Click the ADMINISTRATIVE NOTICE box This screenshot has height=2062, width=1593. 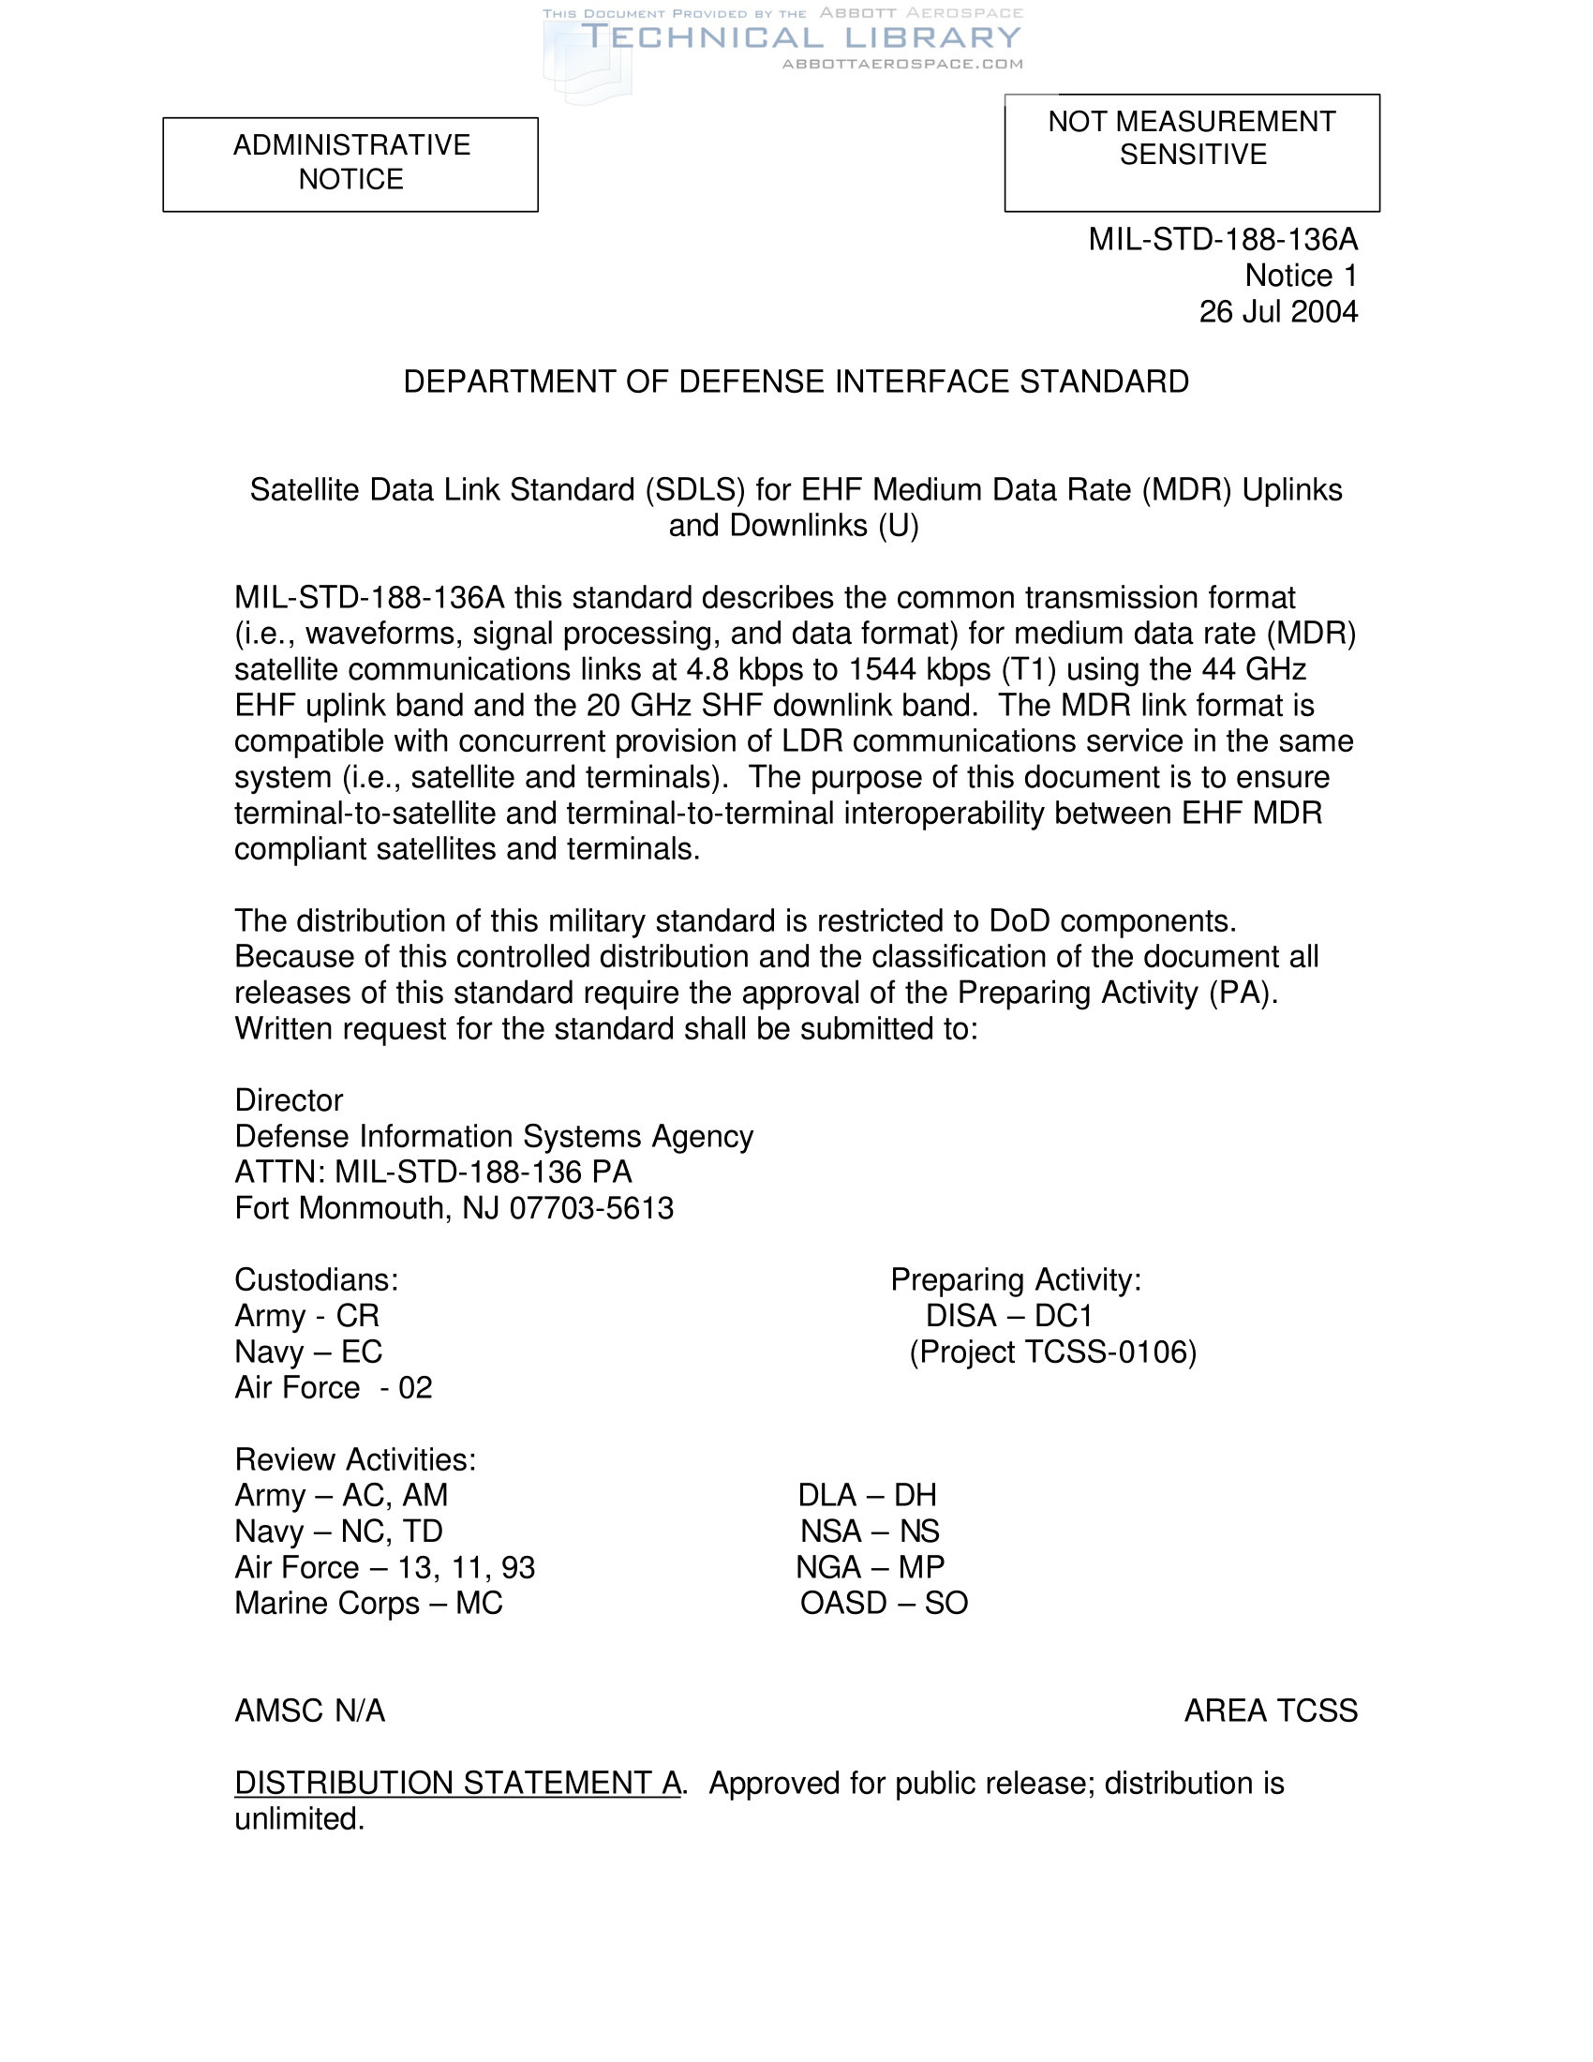point(350,163)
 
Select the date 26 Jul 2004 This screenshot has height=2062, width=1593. point(1278,312)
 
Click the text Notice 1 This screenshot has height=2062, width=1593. point(1301,276)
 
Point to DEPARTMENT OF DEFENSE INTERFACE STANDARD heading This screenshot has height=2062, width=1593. point(796,381)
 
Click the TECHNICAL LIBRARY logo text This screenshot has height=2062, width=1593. point(800,37)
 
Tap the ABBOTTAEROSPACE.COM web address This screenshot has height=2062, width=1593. point(902,64)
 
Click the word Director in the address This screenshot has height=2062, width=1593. point(289,1101)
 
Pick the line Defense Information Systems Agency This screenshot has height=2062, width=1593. point(494,1137)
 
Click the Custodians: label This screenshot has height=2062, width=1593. point(316,1280)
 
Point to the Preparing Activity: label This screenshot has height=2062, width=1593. point(1016,1280)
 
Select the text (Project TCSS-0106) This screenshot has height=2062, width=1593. point(1052,1352)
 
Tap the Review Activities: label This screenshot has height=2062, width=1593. point(355,1459)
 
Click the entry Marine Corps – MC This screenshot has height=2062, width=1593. point(368,1603)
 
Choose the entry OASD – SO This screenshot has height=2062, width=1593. point(884,1603)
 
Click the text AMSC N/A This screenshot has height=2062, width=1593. point(309,1711)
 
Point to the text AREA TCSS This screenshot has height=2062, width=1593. point(1271,1711)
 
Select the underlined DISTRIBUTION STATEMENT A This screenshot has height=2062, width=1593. point(457,1783)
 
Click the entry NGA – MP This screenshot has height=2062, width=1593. point(870,1567)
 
